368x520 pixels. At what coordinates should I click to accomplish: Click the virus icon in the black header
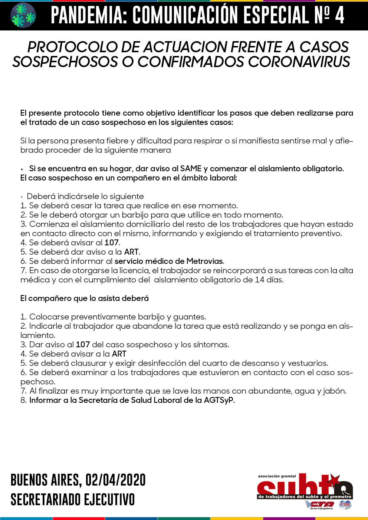click(23, 16)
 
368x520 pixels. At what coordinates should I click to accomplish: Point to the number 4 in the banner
click(339, 16)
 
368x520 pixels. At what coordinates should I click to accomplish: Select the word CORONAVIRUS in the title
click(299, 62)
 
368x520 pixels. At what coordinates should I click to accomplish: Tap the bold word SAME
click(191, 169)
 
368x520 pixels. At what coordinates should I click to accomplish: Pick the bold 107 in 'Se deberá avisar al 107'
click(111, 243)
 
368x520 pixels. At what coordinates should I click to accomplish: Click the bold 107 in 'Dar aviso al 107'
click(83, 345)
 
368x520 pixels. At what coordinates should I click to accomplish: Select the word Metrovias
click(205, 261)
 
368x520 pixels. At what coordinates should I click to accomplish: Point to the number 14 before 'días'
click(259, 280)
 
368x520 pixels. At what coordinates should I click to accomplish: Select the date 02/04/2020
click(115, 480)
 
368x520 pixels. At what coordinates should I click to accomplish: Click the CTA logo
click(320, 504)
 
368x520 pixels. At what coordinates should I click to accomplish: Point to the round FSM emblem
click(345, 504)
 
